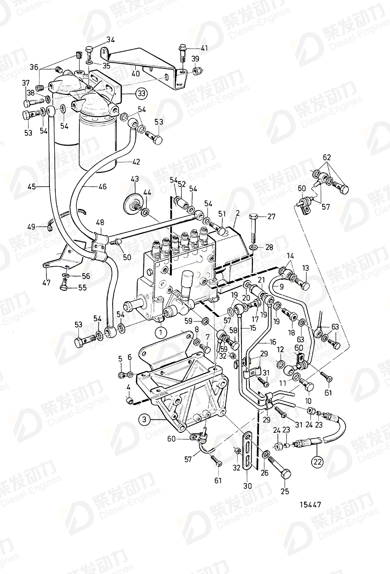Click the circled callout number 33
pos(141,93)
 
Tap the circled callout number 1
pos(160,332)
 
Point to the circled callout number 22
pos(317,461)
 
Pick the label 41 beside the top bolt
pos(205,48)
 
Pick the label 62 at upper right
pos(327,157)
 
